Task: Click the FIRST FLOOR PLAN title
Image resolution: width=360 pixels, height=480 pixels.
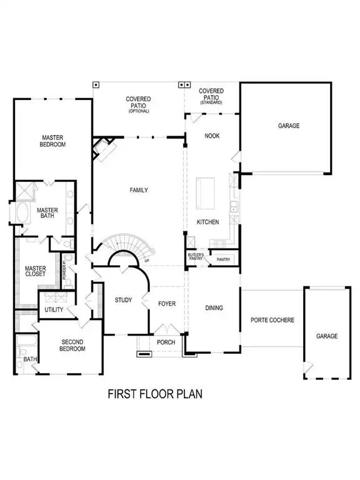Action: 154,394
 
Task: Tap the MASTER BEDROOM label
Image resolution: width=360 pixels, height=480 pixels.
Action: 54,141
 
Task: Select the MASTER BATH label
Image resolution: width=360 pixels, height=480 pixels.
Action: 47,214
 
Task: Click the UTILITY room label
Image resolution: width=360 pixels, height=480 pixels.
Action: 52,310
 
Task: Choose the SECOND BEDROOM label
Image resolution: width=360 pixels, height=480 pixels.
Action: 72,345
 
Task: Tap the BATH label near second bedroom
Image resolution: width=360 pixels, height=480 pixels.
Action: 29,359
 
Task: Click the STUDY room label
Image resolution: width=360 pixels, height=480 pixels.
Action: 123,301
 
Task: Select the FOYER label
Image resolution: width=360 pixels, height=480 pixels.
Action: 167,304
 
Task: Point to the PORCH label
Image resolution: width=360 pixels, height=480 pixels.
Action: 166,342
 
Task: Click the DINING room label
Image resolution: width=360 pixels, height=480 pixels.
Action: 214,307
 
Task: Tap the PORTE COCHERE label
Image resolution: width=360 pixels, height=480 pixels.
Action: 272,320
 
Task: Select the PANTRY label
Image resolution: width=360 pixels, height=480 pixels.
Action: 224,259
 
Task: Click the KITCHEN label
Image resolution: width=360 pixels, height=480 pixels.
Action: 207,222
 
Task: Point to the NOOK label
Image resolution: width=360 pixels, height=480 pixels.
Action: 212,135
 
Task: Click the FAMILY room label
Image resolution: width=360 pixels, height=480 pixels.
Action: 139,190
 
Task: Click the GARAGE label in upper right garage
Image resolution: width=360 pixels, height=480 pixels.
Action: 289,126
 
